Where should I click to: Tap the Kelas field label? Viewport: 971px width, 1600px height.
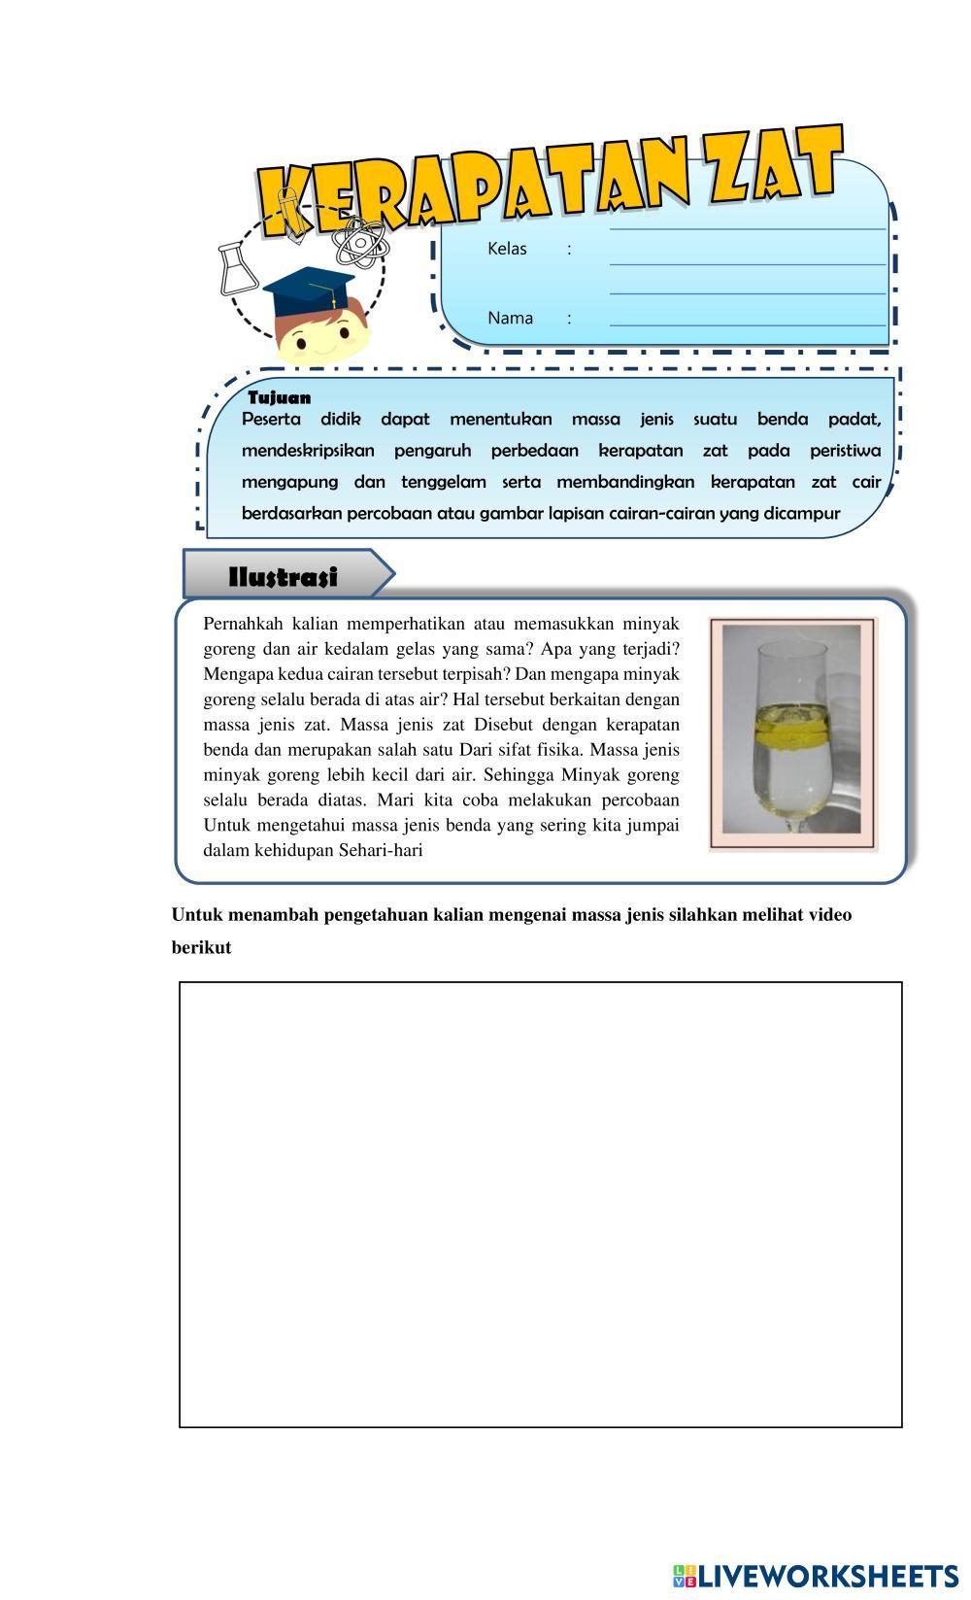click(x=507, y=249)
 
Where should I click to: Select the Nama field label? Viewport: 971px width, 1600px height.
click(x=510, y=318)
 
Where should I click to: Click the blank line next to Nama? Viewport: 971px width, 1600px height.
click(x=748, y=323)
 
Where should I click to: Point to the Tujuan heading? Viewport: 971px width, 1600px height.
click(x=280, y=397)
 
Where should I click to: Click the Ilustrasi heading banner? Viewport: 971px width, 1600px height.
click(x=284, y=577)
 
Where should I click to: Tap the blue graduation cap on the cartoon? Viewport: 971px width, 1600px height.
click(x=309, y=291)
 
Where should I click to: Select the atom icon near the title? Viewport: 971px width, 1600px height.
click(x=360, y=240)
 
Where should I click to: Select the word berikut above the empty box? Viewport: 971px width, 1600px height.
click(x=201, y=948)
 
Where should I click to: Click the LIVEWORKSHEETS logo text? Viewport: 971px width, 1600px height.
click(x=828, y=1576)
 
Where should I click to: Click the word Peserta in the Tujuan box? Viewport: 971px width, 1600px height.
click(x=271, y=420)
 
